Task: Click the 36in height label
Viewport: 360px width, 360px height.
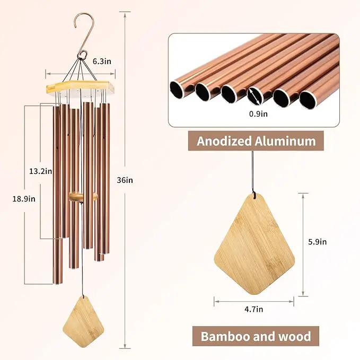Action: pos(125,180)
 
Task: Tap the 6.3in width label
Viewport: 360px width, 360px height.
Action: pos(102,62)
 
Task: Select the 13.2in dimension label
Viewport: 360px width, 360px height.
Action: pos(41,171)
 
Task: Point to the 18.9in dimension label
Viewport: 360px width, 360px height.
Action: pos(24,199)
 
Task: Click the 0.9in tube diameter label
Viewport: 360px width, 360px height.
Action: pos(259,113)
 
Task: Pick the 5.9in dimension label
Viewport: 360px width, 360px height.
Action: pos(317,242)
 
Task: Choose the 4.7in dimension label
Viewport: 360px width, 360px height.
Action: pos(254,309)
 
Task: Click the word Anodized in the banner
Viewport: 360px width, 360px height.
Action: pos(224,141)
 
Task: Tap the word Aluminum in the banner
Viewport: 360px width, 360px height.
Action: pos(285,141)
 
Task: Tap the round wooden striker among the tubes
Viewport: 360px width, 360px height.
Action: pos(83,197)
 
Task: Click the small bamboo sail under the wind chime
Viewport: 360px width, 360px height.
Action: pos(83,317)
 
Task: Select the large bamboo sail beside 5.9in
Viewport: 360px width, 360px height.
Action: pos(254,244)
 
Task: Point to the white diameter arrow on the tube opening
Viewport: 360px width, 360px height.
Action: pos(254,96)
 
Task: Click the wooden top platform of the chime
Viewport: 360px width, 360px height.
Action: pos(81,87)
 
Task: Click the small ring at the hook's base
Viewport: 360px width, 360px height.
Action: pos(82,55)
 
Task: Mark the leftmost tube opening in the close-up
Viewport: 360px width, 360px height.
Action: pos(178,89)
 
